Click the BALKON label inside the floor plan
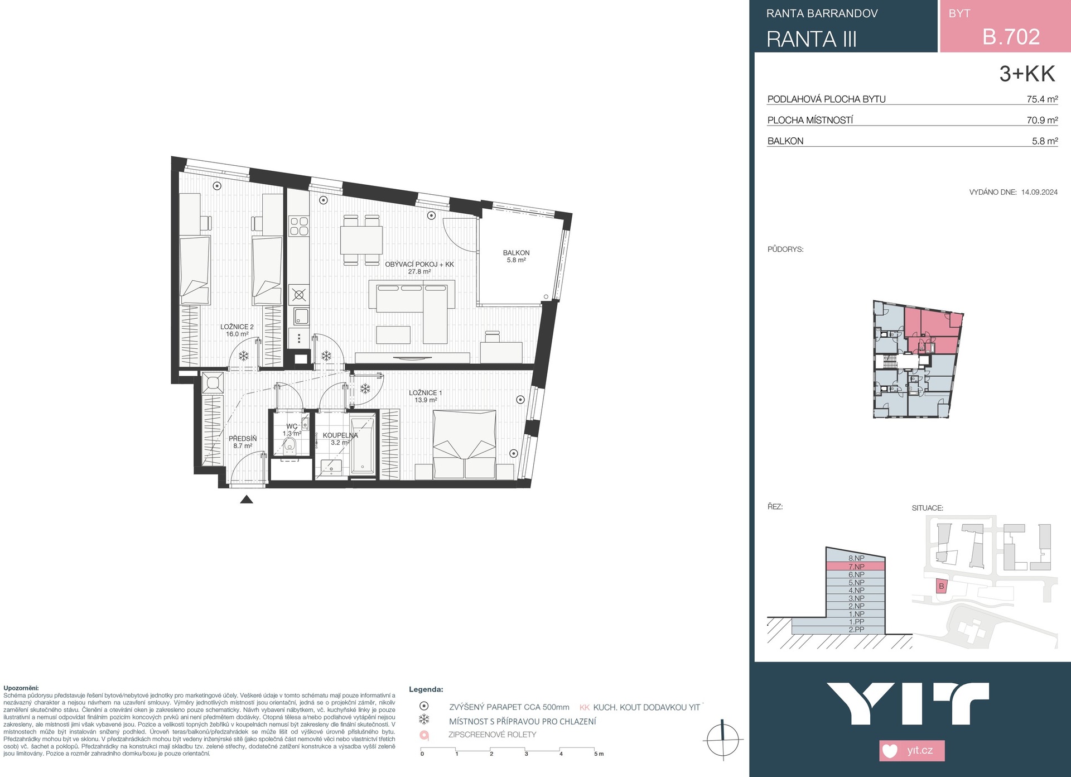(x=516, y=253)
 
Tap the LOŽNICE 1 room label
(x=425, y=393)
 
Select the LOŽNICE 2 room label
(x=237, y=327)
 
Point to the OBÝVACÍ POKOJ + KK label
(x=419, y=265)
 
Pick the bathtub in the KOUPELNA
(x=363, y=445)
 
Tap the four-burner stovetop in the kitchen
(x=299, y=226)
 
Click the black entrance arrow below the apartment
(x=247, y=499)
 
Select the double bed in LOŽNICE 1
(x=465, y=444)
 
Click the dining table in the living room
(x=361, y=240)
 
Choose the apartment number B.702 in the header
(x=1011, y=37)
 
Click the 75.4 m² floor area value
(x=1042, y=99)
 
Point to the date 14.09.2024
(x=1039, y=192)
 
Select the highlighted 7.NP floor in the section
(x=855, y=567)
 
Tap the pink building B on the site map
(x=942, y=586)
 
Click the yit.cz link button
(x=912, y=750)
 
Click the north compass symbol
(x=722, y=740)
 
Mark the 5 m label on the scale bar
(x=599, y=754)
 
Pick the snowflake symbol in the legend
(x=424, y=719)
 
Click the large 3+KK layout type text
(x=1027, y=74)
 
